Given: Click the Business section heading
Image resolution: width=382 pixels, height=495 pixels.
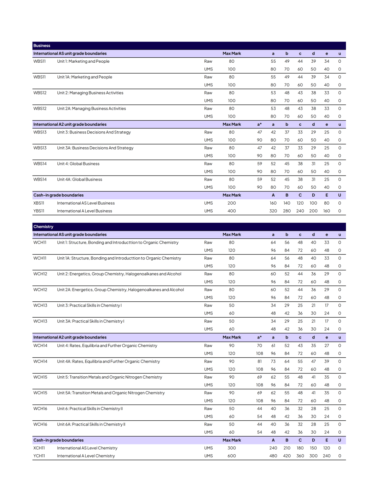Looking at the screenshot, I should click(42, 46).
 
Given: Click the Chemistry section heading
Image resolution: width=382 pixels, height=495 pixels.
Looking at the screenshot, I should click(43, 227).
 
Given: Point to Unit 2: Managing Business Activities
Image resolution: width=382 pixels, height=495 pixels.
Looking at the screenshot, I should click(90, 93).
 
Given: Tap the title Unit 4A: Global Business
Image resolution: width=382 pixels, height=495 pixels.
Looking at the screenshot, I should click(80, 180).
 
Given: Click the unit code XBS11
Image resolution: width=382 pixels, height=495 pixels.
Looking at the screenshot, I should click(39, 203).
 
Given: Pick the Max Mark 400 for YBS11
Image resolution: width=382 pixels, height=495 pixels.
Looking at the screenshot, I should click(232, 211).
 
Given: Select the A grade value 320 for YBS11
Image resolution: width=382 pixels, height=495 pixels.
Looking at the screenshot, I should click(273, 211).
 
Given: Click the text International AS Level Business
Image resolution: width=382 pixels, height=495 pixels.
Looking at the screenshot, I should click(86, 203).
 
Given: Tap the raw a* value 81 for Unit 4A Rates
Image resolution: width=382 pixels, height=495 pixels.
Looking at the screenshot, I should click(260, 362).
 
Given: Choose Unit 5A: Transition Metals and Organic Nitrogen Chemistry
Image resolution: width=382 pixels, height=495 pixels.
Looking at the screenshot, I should click(111, 393).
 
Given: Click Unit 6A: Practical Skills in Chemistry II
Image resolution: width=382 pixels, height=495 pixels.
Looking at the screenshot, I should click(91, 425).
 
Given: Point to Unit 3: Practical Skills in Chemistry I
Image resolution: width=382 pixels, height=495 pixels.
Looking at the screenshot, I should click(89, 306).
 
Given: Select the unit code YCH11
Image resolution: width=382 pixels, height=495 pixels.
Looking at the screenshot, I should click(39, 456).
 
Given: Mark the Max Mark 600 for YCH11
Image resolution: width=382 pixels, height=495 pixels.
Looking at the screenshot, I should click(232, 456).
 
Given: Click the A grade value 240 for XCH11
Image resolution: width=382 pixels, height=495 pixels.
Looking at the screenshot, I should click(273, 448).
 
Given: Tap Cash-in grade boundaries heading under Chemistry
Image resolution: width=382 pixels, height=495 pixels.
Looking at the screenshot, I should click(58, 440).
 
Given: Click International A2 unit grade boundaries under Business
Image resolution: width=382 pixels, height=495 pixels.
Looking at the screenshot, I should click(70, 125).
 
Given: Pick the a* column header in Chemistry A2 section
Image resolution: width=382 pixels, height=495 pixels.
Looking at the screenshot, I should click(260, 337).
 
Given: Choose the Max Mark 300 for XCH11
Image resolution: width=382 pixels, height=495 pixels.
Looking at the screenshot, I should click(232, 448).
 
